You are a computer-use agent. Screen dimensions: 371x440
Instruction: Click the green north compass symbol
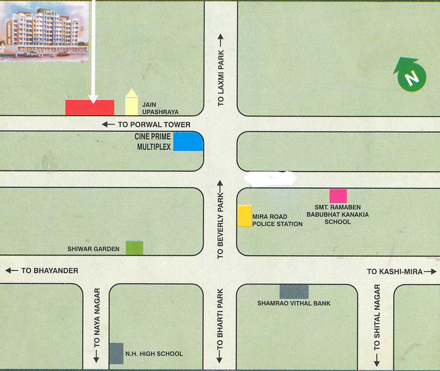click(410, 75)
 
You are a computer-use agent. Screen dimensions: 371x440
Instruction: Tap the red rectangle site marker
click(90, 108)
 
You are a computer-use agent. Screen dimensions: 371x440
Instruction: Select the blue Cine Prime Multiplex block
click(188, 142)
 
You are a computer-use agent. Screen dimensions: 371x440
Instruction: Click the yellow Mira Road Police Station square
click(244, 216)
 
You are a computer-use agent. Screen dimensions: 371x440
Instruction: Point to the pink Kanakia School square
click(338, 196)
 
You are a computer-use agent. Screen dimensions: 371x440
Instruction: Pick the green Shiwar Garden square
click(134, 248)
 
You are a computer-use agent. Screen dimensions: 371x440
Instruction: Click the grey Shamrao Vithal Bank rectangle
click(294, 291)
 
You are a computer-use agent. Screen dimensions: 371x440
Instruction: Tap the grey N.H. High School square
click(116, 353)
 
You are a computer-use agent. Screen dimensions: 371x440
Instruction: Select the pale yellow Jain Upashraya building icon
click(132, 102)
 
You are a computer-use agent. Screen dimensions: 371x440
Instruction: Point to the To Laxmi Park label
click(220, 71)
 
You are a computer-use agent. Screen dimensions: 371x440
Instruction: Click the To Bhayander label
click(49, 270)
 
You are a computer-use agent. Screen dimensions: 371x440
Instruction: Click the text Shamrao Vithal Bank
click(294, 304)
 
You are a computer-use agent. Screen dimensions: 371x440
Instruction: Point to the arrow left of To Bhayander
click(11, 270)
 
